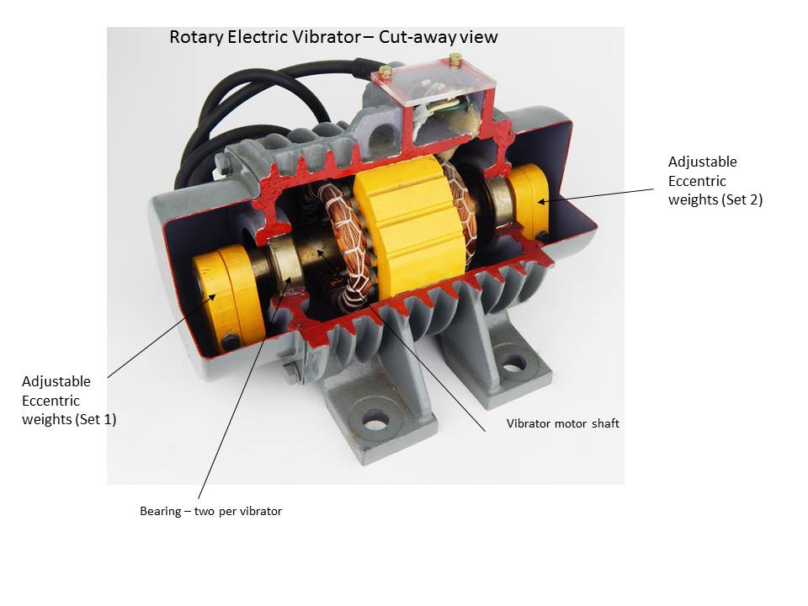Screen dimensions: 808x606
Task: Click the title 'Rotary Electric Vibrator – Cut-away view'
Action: tap(333, 37)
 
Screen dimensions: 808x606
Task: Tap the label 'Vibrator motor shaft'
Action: tap(563, 423)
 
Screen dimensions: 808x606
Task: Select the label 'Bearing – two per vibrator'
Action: tap(210, 511)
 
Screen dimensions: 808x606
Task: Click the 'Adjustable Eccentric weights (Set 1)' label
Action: tap(69, 401)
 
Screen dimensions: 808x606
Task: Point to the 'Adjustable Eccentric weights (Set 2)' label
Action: tap(715, 181)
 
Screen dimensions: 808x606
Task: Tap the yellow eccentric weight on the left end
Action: tap(228, 298)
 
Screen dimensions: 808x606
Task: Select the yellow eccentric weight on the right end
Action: tap(529, 202)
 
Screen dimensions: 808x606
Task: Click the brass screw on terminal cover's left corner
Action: tap(385, 71)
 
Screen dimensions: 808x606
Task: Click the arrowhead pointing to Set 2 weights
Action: tap(541, 201)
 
